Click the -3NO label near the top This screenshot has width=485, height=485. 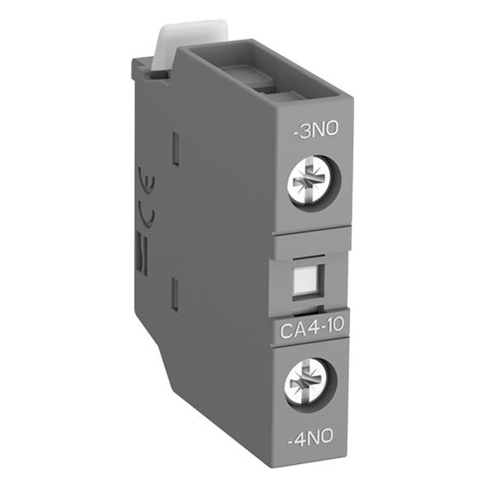[315, 129]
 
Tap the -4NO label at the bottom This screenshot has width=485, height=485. [310, 436]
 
